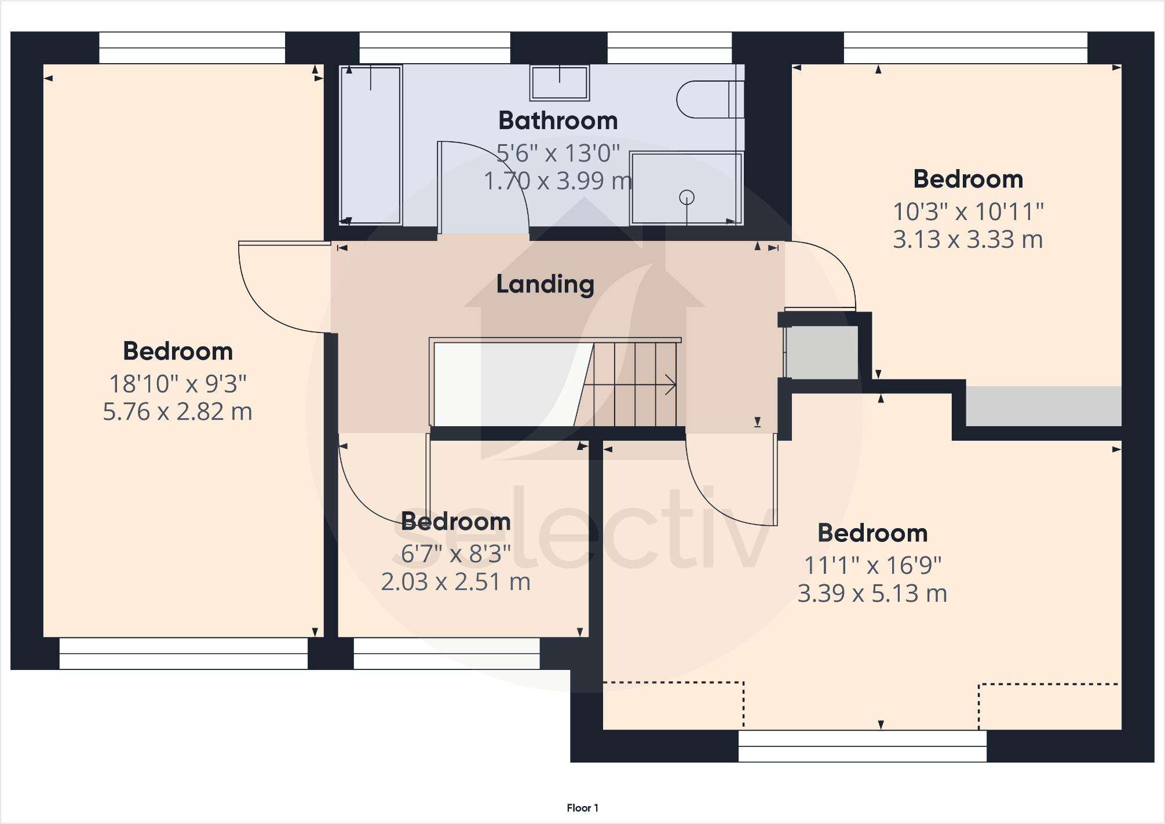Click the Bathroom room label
pos(558,121)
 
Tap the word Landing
pos(545,284)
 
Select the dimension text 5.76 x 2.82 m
pos(177,412)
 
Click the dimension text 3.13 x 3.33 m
pos(967,240)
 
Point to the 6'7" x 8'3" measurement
pos(456,554)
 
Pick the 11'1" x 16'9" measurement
pos(872,566)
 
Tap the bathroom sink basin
pos(559,83)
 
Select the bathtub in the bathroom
pos(371,145)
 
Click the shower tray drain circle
pos(686,198)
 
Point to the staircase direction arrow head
pos(671,384)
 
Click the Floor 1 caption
pos(582,808)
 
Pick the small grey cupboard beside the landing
pos(821,353)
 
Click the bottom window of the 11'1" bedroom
pos(862,746)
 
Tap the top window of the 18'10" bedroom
pos(192,47)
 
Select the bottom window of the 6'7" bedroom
pos(446,654)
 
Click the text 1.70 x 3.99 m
pos(557,181)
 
